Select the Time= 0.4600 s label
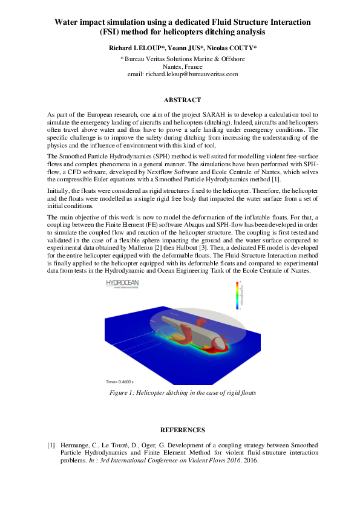[119, 382]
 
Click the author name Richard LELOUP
[133, 47]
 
